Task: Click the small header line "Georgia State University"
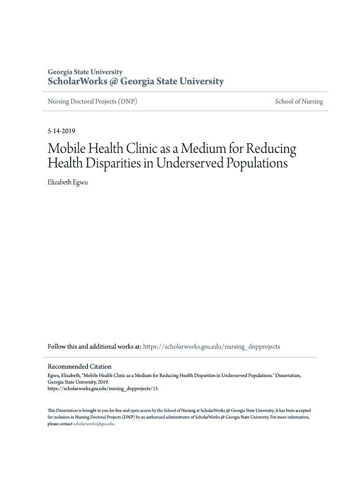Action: [85, 72]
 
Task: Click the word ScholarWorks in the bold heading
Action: [77, 82]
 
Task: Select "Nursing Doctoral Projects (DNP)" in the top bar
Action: [93, 102]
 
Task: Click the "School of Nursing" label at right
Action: [299, 102]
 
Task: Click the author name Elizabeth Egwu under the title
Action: [68, 182]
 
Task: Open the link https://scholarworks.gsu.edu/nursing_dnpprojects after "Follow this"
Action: [211, 347]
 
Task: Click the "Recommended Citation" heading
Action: [79, 367]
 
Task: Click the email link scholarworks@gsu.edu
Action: [94, 424]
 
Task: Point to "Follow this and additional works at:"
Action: [94, 347]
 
